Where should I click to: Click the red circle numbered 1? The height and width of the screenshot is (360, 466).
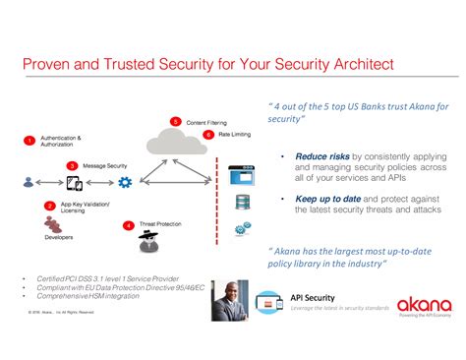29,141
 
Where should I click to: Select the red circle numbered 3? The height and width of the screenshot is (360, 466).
72,166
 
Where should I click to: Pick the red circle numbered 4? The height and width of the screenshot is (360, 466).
129,225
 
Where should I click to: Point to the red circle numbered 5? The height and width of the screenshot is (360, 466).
175,121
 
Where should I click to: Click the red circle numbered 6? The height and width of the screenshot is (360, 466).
208,134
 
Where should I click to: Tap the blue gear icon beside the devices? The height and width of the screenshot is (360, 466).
125,183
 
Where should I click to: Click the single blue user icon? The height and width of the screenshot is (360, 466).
29,183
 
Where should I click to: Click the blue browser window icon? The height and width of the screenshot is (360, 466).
241,177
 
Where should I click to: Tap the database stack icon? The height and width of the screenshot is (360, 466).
241,204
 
